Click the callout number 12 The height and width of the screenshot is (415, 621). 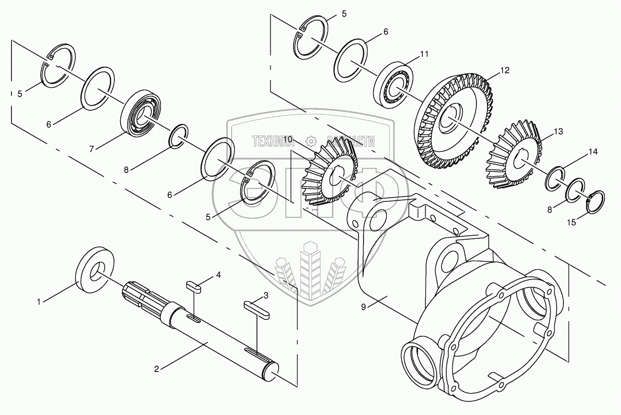pos(504,70)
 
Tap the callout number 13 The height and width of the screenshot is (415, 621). pos(558,132)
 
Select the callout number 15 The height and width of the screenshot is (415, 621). pos(572,222)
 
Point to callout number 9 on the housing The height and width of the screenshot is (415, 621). pos(363,307)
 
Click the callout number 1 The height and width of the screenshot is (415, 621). pos(39,302)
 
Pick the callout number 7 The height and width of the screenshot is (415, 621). pos(91,149)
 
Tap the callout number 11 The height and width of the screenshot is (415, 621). pos(424,54)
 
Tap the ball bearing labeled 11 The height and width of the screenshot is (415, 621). pos(394,82)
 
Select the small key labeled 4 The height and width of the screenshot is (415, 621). pos(193,286)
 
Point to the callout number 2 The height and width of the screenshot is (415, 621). pos(156,369)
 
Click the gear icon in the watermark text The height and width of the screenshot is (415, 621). pos(310,141)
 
